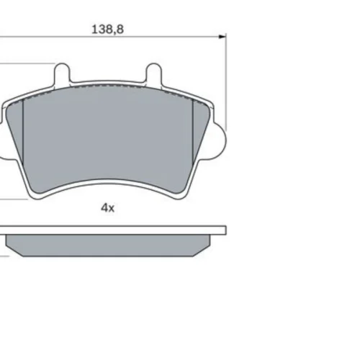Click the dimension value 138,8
(108, 30)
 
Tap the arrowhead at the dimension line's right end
(222, 37)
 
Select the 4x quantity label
(107, 208)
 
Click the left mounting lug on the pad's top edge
(62, 73)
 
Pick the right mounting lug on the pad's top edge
(154, 73)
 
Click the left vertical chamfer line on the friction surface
(23, 132)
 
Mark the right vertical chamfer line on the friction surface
(193, 132)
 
